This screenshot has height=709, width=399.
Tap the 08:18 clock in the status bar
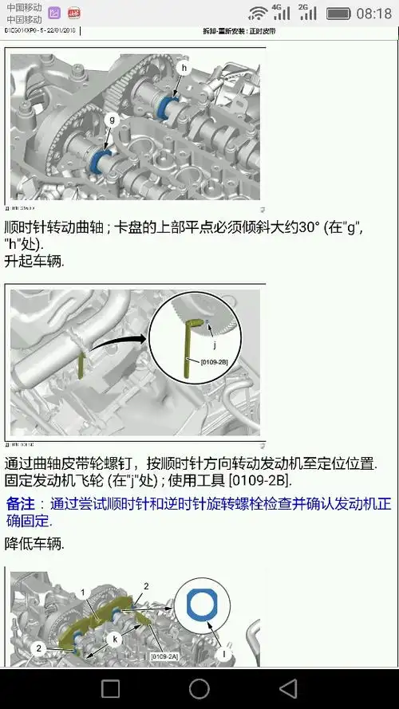[x=374, y=14]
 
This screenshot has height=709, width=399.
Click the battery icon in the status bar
[x=338, y=14]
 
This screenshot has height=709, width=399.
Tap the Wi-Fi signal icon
[x=258, y=13]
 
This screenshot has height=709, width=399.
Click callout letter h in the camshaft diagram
[x=184, y=69]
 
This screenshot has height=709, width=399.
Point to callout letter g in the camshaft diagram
[x=112, y=119]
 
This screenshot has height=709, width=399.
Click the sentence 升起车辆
[x=34, y=261]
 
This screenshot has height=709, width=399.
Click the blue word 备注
[x=21, y=504]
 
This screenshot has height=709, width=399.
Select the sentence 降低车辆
[x=34, y=543]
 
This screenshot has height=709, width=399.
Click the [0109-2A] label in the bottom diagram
[x=163, y=656]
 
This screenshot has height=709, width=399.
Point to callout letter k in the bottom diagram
[x=115, y=638]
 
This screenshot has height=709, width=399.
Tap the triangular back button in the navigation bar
[x=288, y=688]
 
